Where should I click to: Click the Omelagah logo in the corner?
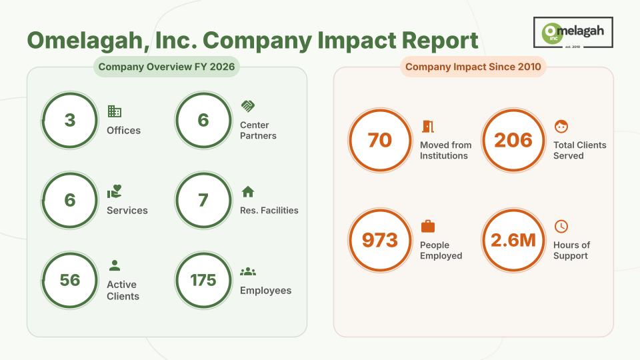573,32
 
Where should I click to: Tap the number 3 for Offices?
70,120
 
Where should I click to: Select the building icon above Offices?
114,111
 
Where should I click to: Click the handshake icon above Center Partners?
248,106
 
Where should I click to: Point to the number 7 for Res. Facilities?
203,200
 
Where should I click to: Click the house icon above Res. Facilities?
248,191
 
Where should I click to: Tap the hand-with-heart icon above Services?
115,191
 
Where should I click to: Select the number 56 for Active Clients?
70,280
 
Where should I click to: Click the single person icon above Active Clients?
115,265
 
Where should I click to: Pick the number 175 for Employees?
203,280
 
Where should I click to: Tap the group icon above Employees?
248,271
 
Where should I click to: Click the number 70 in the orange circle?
380,140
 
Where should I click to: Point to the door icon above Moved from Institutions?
428,127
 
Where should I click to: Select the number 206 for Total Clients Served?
513,140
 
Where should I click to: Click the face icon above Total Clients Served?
561,127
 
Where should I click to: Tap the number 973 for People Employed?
380,240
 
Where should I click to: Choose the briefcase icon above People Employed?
428,226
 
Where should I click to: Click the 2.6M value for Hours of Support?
513,240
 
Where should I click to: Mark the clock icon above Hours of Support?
561,226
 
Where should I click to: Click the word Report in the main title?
440,41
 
